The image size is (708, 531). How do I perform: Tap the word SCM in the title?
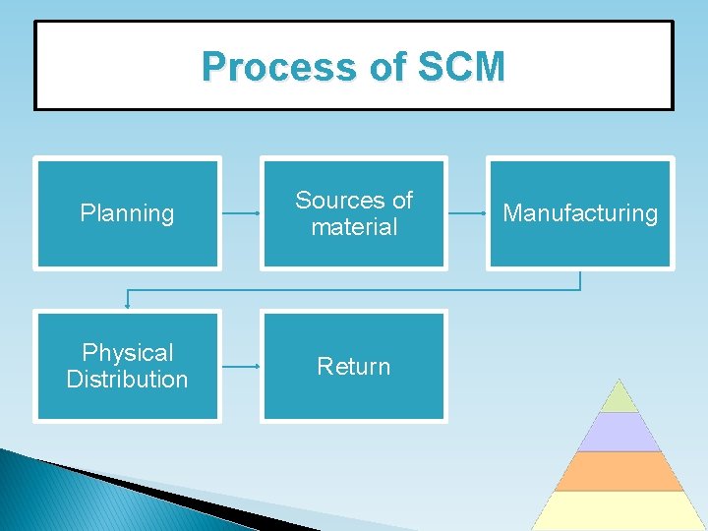pyautogui.click(x=460, y=67)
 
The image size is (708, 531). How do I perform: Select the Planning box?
pyautogui.click(x=127, y=212)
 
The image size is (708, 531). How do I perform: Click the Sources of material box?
pyautogui.click(x=354, y=212)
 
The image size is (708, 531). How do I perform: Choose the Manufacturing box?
pyautogui.click(x=580, y=212)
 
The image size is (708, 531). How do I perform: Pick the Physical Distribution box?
pyautogui.click(x=127, y=366)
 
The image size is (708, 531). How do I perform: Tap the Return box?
pyautogui.click(x=354, y=366)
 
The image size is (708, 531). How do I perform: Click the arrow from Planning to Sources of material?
pyautogui.click(x=240, y=212)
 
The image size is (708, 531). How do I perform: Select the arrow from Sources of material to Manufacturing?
pyautogui.click(x=467, y=212)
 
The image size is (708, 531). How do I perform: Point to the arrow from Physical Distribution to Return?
pyautogui.click(x=240, y=366)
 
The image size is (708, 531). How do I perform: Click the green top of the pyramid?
pyautogui.click(x=619, y=397)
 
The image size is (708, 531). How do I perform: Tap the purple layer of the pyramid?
pyautogui.click(x=619, y=432)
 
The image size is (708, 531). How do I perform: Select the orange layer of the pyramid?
pyautogui.click(x=619, y=471)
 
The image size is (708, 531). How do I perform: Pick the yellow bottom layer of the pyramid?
pyautogui.click(x=619, y=510)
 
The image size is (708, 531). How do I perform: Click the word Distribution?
pyautogui.click(x=127, y=380)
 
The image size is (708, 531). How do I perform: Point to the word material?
pyautogui.click(x=354, y=227)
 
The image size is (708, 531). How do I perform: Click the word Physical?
pyautogui.click(x=128, y=352)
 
